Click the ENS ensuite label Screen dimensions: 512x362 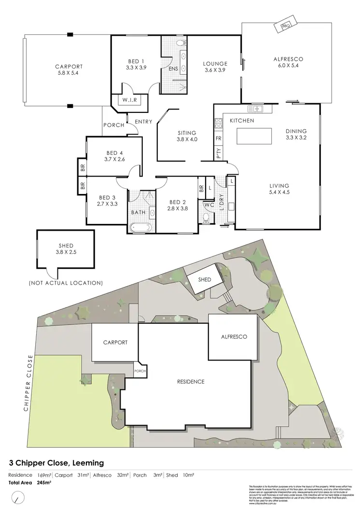173,69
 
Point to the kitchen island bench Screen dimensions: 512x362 254,137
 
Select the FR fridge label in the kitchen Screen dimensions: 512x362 219,138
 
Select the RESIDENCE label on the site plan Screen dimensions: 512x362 191,381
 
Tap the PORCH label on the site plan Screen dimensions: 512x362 140,371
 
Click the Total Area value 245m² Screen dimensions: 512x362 44,482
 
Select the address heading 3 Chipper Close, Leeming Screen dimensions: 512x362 56,463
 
